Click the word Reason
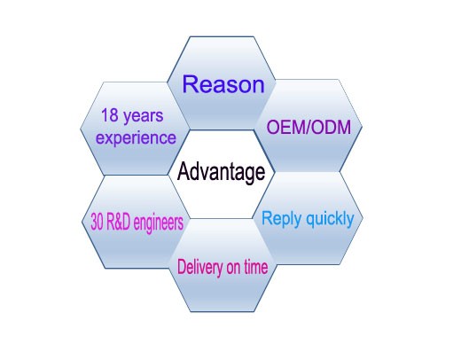tap(223, 84)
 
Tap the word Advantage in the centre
tap(221, 173)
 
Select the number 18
tap(110, 115)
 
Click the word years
tap(144, 116)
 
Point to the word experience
tap(136, 138)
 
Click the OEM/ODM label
tap(309, 128)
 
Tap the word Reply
tap(282, 219)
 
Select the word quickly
tap(330, 219)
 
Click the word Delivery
tap(199, 267)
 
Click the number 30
tap(97, 222)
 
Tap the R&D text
tap(118, 222)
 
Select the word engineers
tap(159, 223)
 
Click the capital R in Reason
tap(190, 84)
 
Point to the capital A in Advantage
tap(184, 171)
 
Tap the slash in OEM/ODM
tap(307, 128)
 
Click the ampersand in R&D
tap(118, 222)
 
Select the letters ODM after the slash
tap(331, 128)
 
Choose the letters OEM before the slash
tap(285, 128)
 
